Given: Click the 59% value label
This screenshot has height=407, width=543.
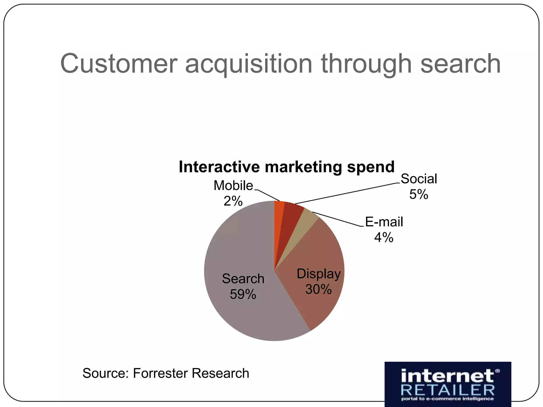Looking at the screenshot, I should click(243, 294).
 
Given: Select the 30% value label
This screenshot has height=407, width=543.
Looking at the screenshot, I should click(318, 289).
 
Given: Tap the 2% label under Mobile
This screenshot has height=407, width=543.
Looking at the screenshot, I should click(233, 201).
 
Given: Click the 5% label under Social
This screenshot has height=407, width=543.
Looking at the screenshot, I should click(419, 194).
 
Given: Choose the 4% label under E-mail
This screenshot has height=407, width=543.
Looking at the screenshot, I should click(384, 237).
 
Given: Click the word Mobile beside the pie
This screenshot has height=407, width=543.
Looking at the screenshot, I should click(233, 185).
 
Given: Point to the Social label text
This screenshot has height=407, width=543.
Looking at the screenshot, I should click(419, 179).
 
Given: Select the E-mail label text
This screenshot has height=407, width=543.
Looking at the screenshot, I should click(384, 222).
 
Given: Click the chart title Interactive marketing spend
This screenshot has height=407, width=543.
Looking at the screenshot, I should click(287, 167).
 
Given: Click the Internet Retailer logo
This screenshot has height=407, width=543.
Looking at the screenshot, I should click(448, 384).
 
